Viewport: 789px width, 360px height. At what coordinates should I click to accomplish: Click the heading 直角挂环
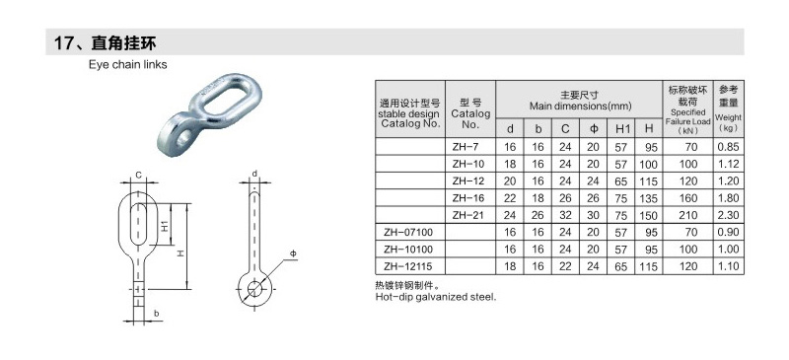click(123, 42)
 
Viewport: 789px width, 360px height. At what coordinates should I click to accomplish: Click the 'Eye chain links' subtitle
click(128, 65)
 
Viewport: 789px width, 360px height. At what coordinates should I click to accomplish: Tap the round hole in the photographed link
click(183, 136)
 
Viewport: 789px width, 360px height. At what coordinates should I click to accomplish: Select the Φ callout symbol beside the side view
click(292, 252)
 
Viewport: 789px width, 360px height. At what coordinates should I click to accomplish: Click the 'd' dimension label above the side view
click(254, 175)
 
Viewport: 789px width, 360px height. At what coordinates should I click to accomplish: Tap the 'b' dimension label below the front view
click(157, 314)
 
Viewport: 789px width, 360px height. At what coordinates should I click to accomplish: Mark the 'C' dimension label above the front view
click(139, 176)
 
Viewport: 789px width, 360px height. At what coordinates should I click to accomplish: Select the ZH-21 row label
click(467, 215)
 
